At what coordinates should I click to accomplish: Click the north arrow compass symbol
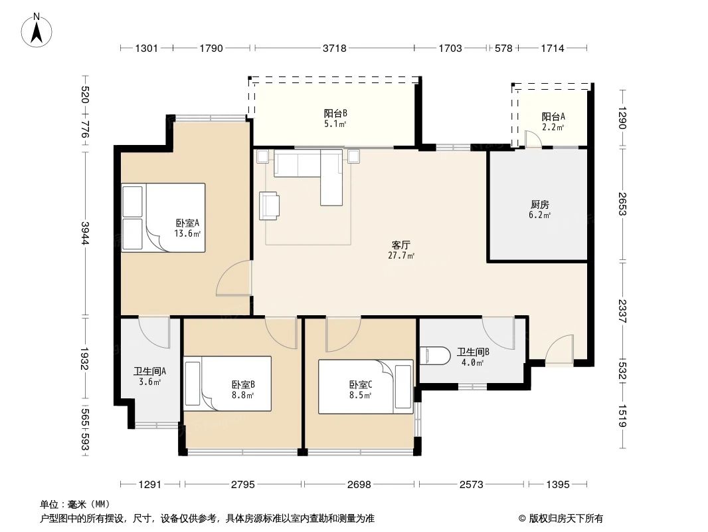tap(38, 29)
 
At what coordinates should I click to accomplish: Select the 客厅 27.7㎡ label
tap(402, 250)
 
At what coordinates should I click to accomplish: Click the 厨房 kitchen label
tap(539, 209)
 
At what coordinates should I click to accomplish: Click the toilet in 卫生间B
tap(432, 356)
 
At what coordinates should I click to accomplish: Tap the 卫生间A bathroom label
tap(149, 376)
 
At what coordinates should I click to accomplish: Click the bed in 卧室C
tap(365, 386)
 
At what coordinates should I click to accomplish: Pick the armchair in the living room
tap(270, 205)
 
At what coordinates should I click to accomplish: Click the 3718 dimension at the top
tap(333, 48)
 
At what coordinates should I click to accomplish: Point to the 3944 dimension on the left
tap(85, 233)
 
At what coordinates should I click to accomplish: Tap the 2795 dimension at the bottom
tap(243, 485)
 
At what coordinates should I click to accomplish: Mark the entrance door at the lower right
tap(559, 350)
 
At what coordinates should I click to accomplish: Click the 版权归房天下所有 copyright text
tap(561, 519)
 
